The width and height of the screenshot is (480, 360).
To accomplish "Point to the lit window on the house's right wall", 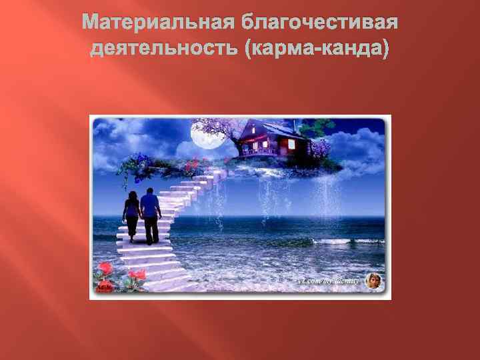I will pos(293,144).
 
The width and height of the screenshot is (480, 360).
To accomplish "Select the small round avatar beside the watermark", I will pos(373,281).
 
